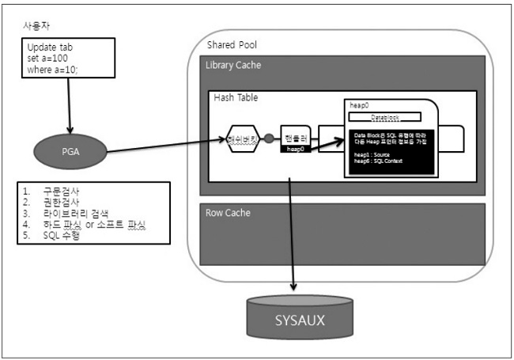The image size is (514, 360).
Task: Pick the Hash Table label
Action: [236, 97]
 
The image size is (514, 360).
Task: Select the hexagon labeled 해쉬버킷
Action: [244, 138]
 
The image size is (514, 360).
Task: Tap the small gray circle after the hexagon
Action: [269, 138]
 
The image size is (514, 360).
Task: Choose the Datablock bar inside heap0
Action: [388, 117]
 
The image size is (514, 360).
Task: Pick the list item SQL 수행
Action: [63, 236]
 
